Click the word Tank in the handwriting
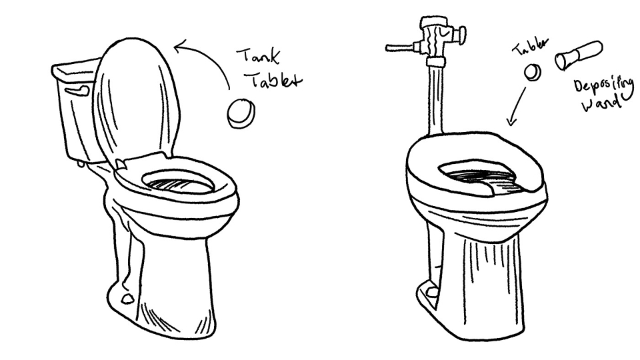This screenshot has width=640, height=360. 259,57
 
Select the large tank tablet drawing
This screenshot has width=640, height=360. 241,113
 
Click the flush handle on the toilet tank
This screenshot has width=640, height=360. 77,91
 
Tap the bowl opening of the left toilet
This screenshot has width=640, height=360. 178,182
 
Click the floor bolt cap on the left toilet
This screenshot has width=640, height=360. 128,299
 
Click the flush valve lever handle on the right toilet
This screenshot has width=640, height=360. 400,48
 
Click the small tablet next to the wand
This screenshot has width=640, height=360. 533,72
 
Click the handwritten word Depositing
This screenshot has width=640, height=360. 604,87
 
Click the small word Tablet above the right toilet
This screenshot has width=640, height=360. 530,47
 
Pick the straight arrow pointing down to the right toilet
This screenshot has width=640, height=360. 517,105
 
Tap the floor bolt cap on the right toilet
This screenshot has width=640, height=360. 432,291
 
